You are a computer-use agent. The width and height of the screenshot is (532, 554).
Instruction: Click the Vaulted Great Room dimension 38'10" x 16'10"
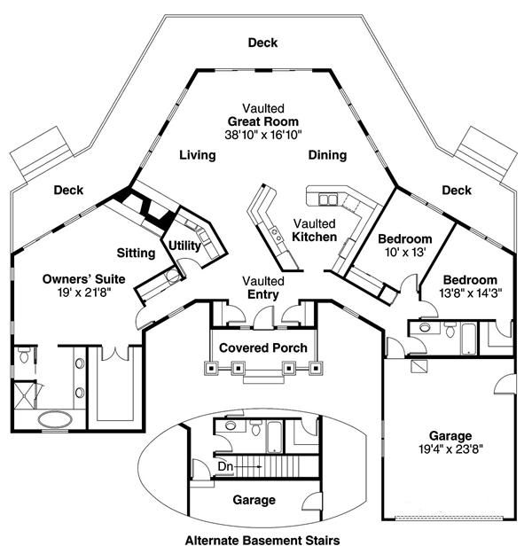(x=263, y=135)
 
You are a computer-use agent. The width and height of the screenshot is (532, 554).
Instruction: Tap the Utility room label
(x=184, y=246)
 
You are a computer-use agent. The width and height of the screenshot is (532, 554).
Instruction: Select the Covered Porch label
(x=263, y=347)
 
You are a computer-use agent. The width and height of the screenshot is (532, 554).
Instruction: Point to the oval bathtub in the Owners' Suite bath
(x=55, y=420)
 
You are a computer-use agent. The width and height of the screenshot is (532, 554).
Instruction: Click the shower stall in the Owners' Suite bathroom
(x=25, y=395)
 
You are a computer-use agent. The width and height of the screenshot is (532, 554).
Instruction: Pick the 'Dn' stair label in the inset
(x=225, y=466)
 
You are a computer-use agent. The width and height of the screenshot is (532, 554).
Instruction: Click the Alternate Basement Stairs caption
(x=262, y=540)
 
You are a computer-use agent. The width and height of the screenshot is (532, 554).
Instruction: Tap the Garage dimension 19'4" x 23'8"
(x=450, y=449)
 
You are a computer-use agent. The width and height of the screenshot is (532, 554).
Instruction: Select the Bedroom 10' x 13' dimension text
(x=405, y=252)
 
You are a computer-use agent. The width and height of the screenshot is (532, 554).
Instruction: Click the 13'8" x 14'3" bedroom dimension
(x=471, y=293)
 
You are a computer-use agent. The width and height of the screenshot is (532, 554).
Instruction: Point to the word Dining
(x=327, y=155)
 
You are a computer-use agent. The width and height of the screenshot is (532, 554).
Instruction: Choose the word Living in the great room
(x=197, y=155)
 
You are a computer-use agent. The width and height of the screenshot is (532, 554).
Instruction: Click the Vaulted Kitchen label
(x=314, y=230)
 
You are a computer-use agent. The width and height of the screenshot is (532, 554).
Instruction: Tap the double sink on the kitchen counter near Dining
(x=328, y=199)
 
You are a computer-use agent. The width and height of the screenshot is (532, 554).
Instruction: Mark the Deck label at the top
(x=262, y=43)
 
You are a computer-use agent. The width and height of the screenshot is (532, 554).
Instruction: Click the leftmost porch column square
(x=211, y=368)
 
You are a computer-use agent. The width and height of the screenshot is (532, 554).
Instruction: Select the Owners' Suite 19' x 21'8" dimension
(x=84, y=293)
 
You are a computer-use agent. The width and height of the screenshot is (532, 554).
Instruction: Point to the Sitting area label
(x=136, y=253)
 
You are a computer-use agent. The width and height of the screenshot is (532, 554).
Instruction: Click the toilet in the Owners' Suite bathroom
(x=24, y=355)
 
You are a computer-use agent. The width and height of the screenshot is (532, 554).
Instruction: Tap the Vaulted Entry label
(x=263, y=287)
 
